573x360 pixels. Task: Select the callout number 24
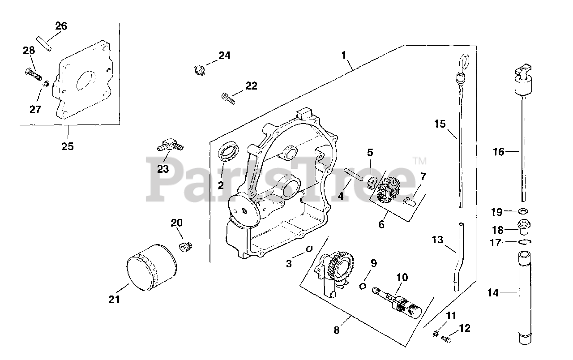pos(224,56)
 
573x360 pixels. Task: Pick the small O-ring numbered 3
pos(308,249)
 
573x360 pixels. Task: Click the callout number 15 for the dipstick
pos(440,124)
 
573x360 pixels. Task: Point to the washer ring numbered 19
pos(522,211)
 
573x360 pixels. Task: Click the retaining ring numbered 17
pos(524,242)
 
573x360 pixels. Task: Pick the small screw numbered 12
pos(446,339)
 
